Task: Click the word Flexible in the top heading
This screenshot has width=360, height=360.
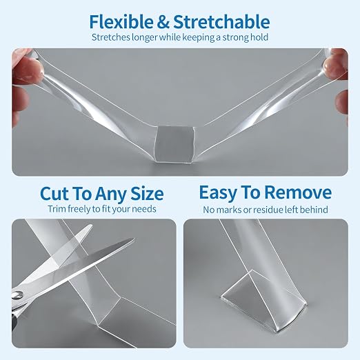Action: coord(121,21)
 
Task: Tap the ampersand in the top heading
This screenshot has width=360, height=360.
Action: coord(163,22)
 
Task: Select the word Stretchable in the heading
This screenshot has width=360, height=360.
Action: coord(221,21)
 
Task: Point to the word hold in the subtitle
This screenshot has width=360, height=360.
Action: coord(259,37)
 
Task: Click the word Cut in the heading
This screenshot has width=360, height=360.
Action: coord(54,194)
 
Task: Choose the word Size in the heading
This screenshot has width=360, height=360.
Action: coord(147,194)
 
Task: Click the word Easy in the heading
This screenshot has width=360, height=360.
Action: coord(219,192)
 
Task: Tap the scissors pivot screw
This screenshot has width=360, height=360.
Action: coord(18,295)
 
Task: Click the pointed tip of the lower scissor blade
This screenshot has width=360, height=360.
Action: coord(133,239)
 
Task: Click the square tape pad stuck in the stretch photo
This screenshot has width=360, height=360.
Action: coord(174,144)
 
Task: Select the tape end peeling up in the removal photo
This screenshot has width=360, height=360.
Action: coord(263,301)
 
